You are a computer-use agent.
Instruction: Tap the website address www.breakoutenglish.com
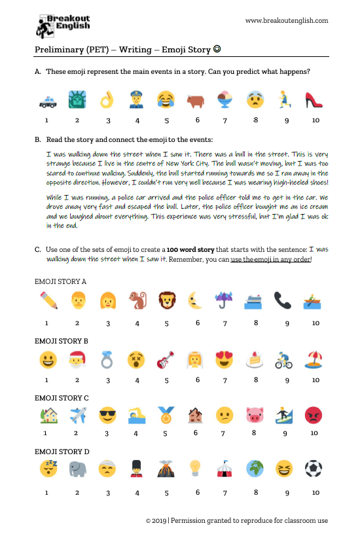286,20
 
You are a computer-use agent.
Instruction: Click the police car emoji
46,101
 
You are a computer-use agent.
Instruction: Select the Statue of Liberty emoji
77,100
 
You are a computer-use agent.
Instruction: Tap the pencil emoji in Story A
46,300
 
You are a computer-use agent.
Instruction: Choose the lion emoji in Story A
166,300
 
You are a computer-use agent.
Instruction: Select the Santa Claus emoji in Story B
77,360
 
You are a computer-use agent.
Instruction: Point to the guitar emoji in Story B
166,360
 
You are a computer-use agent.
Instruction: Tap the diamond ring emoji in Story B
107,360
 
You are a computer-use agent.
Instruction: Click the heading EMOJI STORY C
61,397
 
